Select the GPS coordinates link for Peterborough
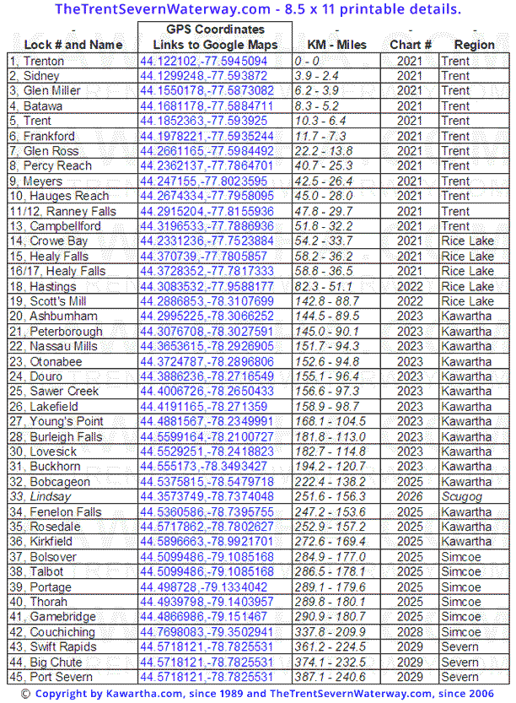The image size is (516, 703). click(x=207, y=332)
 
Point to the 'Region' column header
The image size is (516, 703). click(x=474, y=45)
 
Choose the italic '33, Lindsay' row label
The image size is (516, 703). click(x=40, y=497)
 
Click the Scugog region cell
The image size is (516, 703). click(x=463, y=497)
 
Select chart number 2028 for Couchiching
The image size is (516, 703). click(x=410, y=632)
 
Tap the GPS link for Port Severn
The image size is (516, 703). click(x=207, y=677)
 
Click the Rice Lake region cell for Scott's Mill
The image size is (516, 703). click(x=468, y=301)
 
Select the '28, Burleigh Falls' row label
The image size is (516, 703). click(x=56, y=437)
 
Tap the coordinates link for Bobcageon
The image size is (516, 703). click(x=207, y=482)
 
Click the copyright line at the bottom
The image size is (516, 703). click(x=257, y=694)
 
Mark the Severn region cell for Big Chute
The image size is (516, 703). click(x=460, y=662)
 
